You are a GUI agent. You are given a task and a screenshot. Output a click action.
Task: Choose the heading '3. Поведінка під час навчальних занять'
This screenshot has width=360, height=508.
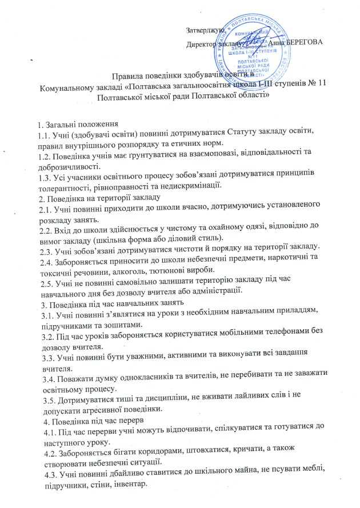tap(108, 301)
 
